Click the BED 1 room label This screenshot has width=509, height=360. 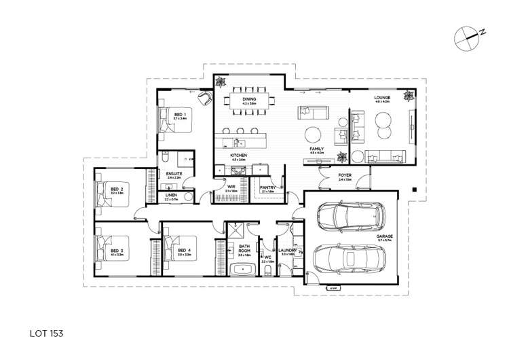click(180, 114)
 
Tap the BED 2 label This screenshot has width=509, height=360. click(116, 190)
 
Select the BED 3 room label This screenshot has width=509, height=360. click(116, 250)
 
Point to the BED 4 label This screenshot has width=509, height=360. click(184, 250)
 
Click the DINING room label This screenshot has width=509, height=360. click(249, 100)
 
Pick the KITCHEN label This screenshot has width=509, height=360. click(238, 156)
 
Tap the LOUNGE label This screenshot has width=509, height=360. click(382, 98)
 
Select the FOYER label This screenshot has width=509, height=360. click(345, 175)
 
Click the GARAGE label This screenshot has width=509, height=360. click(385, 236)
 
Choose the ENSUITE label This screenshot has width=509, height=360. click(174, 174)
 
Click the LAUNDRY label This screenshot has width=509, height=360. click(285, 250)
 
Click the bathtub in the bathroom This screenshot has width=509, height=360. click(243, 270)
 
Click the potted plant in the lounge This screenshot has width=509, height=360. click(407, 96)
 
